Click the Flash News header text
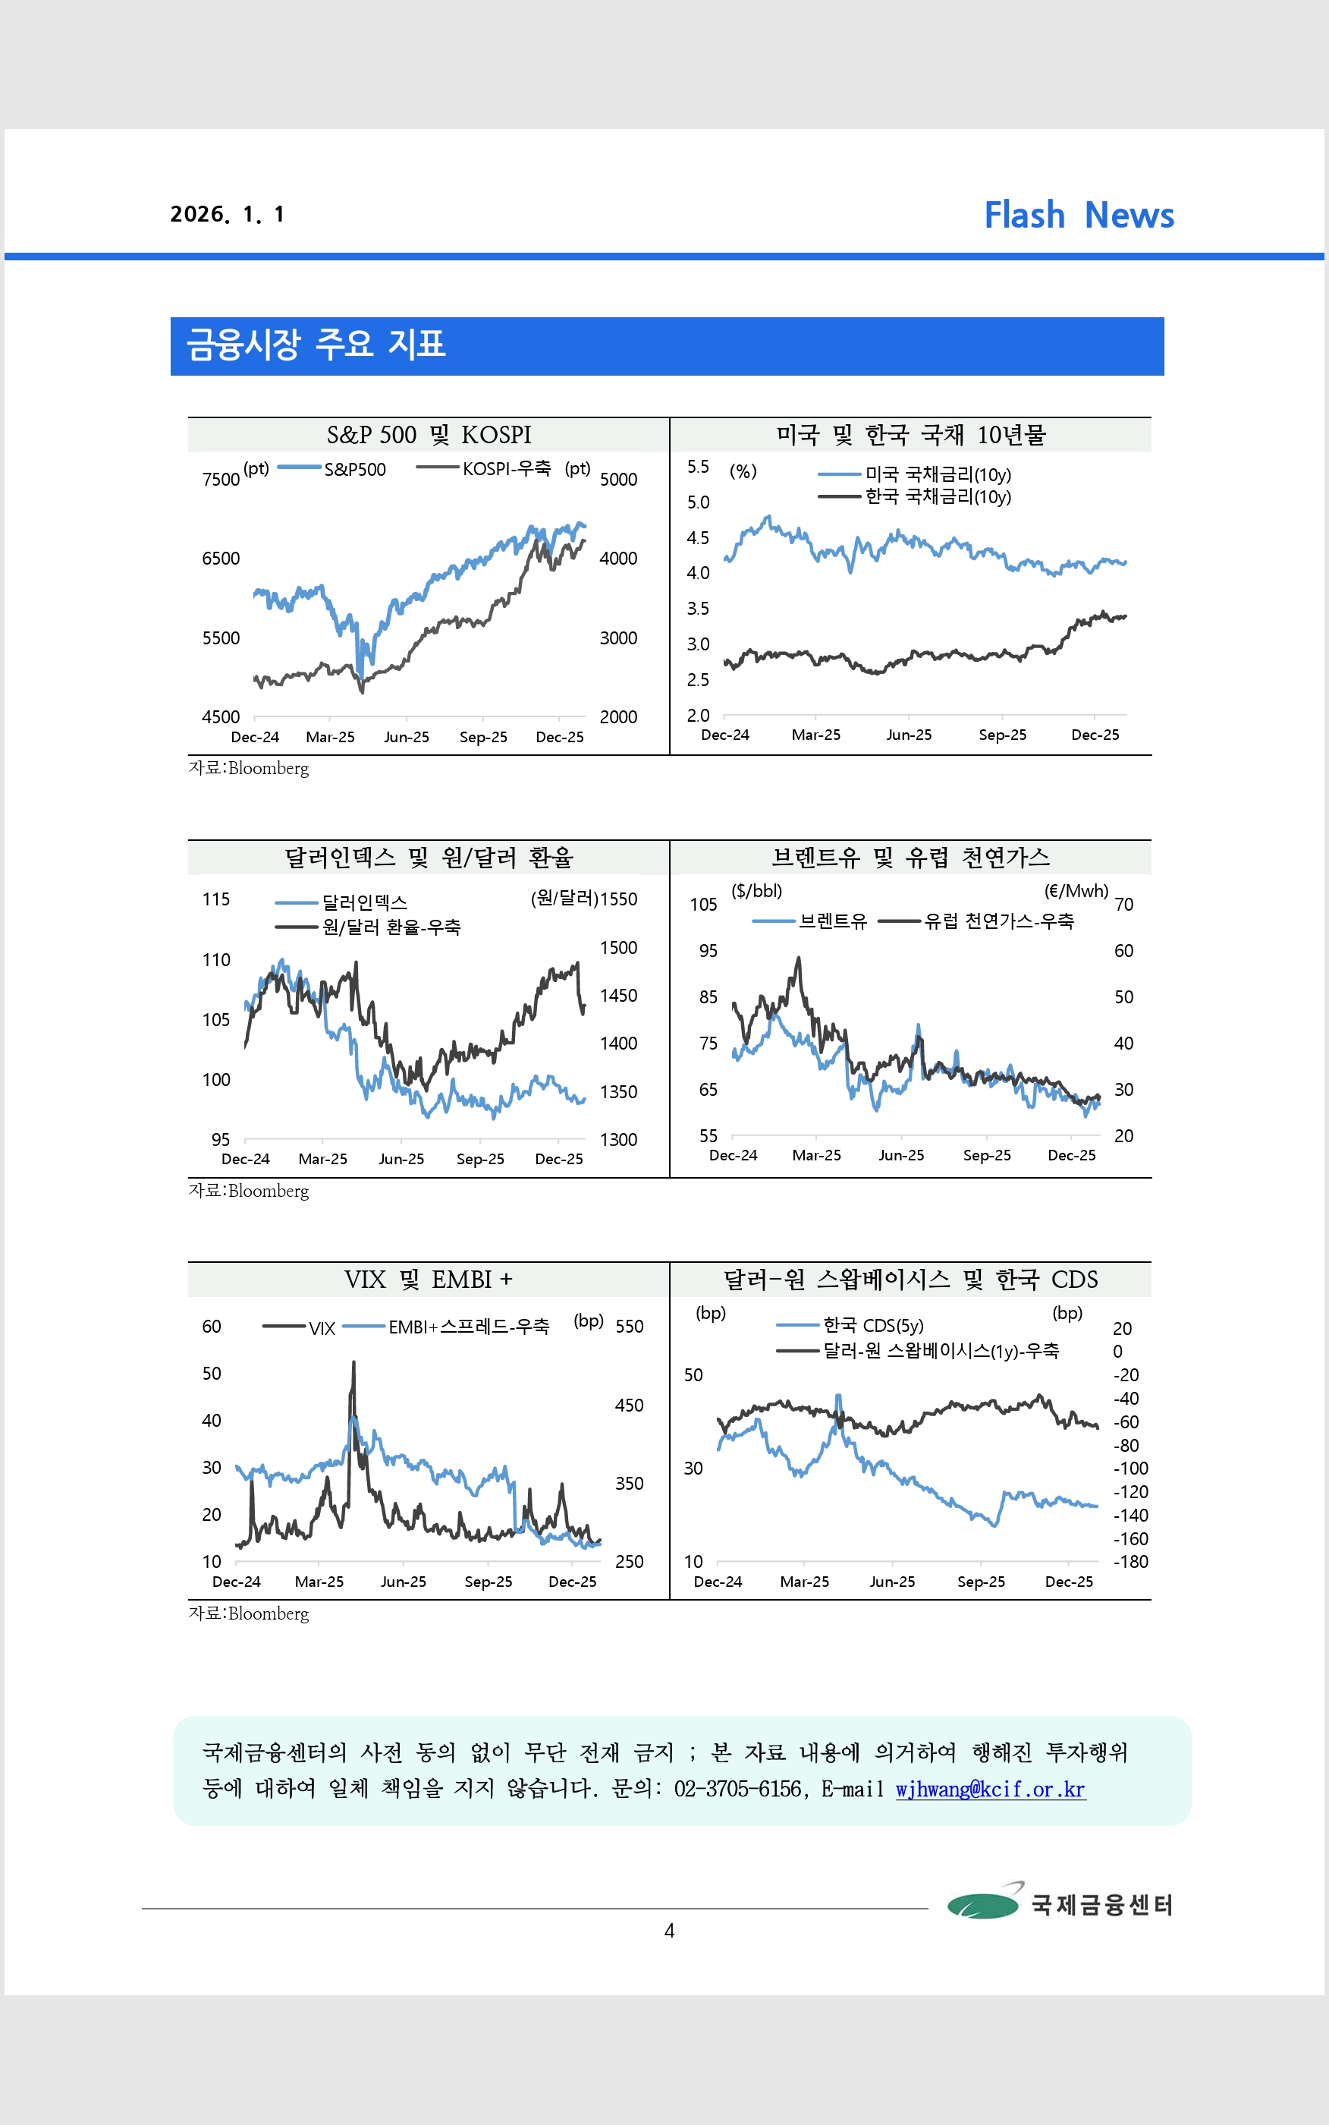click(x=1079, y=216)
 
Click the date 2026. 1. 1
click(x=227, y=215)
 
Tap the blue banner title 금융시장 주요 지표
click(x=316, y=344)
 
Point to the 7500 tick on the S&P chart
click(x=221, y=479)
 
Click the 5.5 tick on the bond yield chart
click(x=698, y=467)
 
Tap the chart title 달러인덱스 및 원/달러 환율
click(x=428, y=857)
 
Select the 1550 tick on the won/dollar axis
click(x=618, y=899)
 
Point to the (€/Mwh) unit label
click(x=1076, y=891)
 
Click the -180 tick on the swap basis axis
click(x=1130, y=1561)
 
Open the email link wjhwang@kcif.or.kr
click(x=990, y=1789)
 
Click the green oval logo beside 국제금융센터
click(x=982, y=1904)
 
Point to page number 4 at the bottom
click(x=669, y=1931)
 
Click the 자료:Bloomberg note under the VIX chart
click(x=249, y=1613)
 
